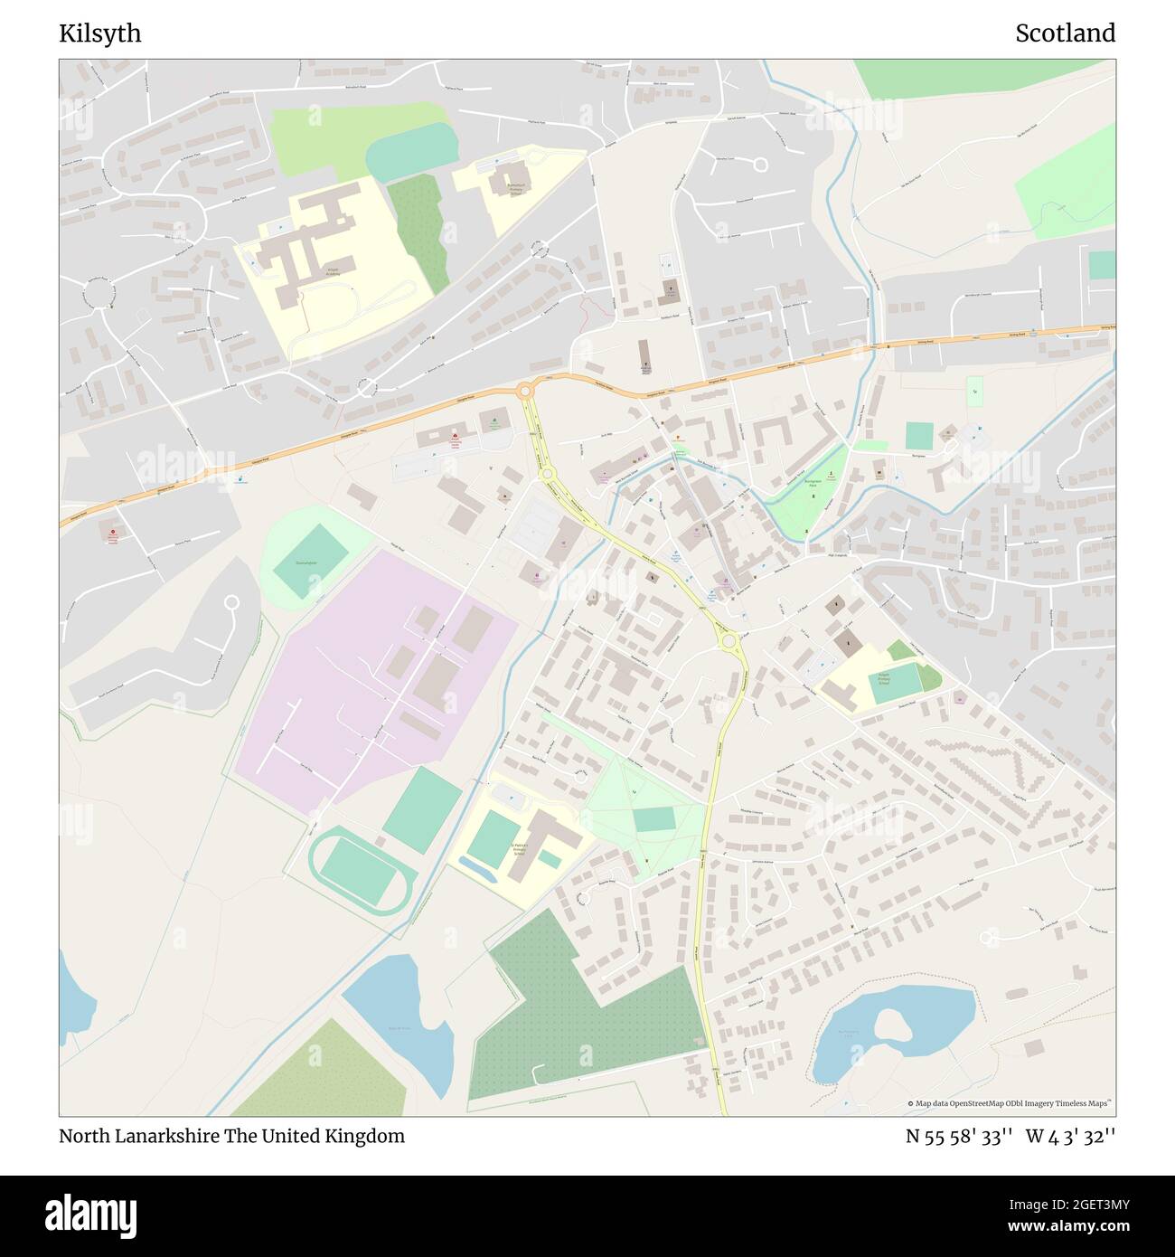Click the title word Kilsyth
coord(99,33)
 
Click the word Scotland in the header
coord(1065,33)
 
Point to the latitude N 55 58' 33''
coord(959,1136)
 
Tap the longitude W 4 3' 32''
coord(1071,1136)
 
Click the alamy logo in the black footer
coord(90,1214)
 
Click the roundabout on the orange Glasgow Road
coord(524,391)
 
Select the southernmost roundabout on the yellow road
coord(728,641)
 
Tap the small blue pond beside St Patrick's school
coord(478,870)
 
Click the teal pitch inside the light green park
coord(653,819)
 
